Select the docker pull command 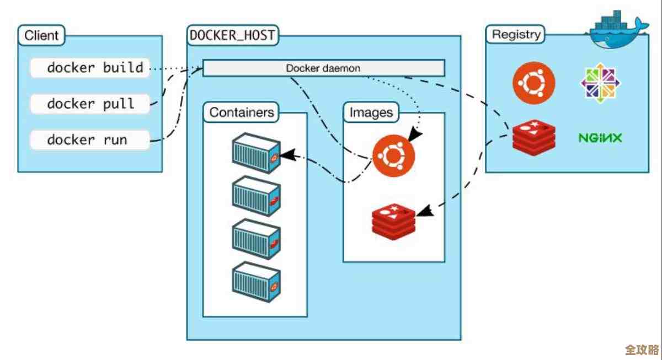pyautogui.click(x=90, y=104)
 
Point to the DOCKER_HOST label pyautogui.click(x=232, y=36)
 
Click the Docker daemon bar pyautogui.click(x=324, y=68)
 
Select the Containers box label pyautogui.click(x=242, y=112)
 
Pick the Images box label pyautogui.click(x=371, y=112)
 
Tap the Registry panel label pyautogui.click(x=516, y=34)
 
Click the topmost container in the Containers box pyautogui.click(x=254, y=153)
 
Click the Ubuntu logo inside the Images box pyautogui.click(x=393, y=156)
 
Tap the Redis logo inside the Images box pyautogui.click(x=393, y=221)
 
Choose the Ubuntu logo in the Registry pyautogui.click(x=533, y=83)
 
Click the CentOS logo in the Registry pyautogui.click(x=600, y=83)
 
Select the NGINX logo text pyautogui.click(x=600, y=138)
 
